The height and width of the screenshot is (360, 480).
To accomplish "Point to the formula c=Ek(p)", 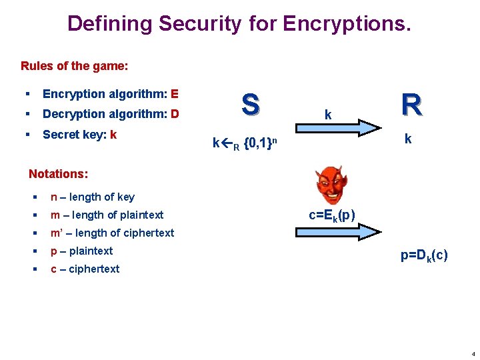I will (331, 215).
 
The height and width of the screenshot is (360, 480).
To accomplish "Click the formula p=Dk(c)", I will (424, 255).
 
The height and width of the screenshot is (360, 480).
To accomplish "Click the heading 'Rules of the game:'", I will (75, 66).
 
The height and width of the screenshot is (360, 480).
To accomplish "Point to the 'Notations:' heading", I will (58, 173).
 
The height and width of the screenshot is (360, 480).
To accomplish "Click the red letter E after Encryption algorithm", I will (175, 94).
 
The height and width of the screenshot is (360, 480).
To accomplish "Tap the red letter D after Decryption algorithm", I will (175, 114).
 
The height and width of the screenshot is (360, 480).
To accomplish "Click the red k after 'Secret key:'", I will (114, 134).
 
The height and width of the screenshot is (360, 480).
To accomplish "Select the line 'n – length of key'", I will (92, 197).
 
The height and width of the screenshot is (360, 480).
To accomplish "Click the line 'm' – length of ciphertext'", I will (112, 233).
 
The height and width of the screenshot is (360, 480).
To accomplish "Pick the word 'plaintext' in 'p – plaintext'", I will (91, 251).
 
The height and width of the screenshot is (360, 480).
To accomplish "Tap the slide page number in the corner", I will (472, 353).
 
